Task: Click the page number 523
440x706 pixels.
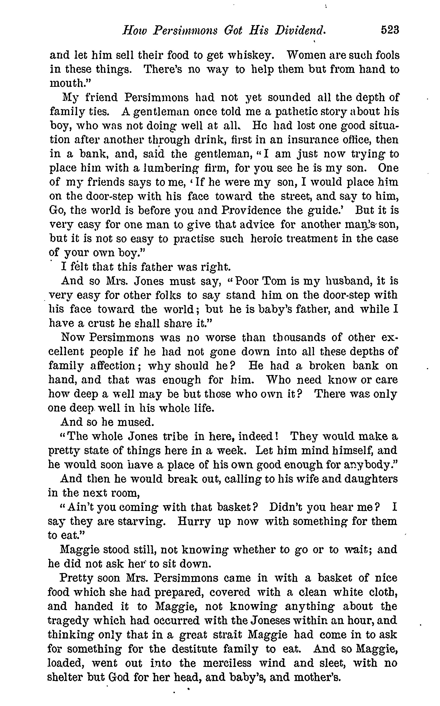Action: [390, 30]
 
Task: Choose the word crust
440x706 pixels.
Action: [97, 323]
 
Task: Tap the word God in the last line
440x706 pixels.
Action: [119, 677]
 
